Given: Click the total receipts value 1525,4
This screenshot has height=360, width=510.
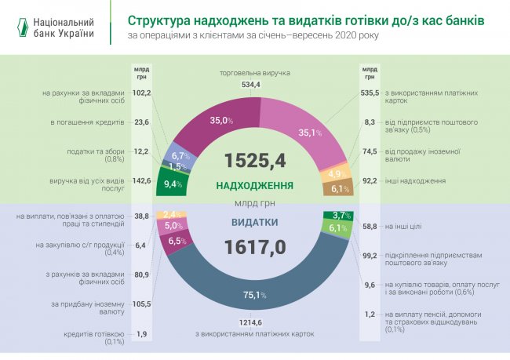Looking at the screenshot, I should [x=254, y=160].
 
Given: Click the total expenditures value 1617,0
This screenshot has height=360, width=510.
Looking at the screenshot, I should [x=255, y=248].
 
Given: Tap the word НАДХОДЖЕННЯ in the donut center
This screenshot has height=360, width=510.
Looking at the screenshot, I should [x=254, y=186].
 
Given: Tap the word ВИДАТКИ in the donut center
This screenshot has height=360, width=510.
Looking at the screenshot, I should [x=253, y=222].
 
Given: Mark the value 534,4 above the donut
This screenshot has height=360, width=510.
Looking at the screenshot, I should [x=250, y=84].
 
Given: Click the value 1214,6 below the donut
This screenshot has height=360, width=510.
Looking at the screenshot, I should [x=253, y=322].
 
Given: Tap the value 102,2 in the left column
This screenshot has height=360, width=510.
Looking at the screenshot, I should [x=142, y=93].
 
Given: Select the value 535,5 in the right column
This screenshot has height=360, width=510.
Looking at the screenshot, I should [x=370, y=93].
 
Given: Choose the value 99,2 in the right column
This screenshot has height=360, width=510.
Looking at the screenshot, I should [x=370, y=255].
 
